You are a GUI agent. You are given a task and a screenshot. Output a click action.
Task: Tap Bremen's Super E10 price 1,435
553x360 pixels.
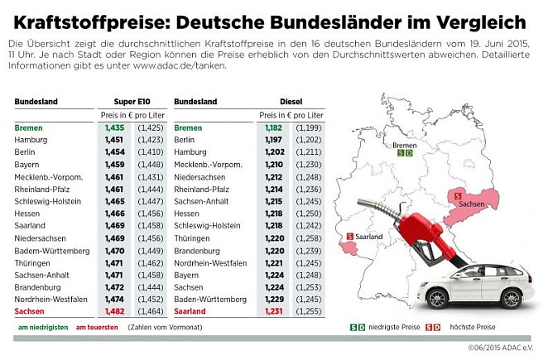[113, 128]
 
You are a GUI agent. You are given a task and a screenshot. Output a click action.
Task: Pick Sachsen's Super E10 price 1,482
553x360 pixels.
[113, 310]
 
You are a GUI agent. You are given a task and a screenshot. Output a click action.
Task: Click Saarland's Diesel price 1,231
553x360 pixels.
[273, 310]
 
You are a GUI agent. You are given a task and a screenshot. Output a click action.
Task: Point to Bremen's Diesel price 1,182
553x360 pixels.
[273, 128]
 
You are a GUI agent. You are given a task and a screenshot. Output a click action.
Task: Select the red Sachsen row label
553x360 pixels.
[30, 310]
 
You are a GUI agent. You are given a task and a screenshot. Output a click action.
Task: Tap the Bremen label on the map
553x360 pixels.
[405, 145]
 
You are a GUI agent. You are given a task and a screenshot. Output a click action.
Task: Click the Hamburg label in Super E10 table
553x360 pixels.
[31, 141]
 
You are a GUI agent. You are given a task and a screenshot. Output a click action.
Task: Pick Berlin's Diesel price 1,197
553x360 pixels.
[273, 141]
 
